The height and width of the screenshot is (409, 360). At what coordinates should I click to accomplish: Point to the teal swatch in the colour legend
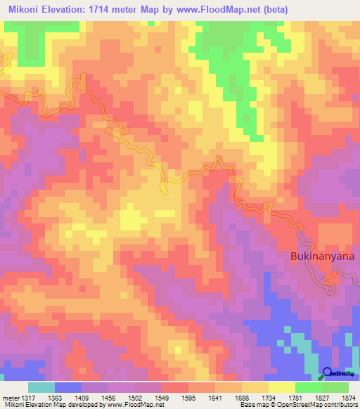41,387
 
